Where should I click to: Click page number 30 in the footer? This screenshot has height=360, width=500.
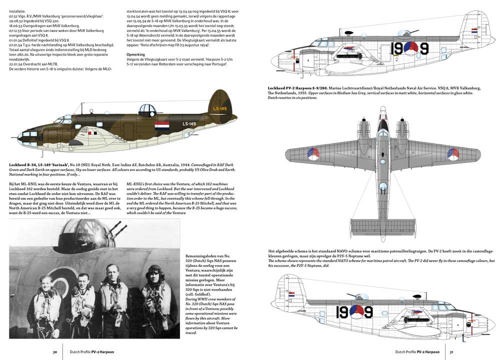(54, 352)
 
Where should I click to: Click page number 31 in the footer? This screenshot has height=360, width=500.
(451, 352)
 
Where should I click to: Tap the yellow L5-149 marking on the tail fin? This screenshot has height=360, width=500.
(220, 108)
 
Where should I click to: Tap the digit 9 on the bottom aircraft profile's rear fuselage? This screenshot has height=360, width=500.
(369, 312)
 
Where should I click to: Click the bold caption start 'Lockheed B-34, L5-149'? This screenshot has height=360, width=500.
(38, 164)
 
